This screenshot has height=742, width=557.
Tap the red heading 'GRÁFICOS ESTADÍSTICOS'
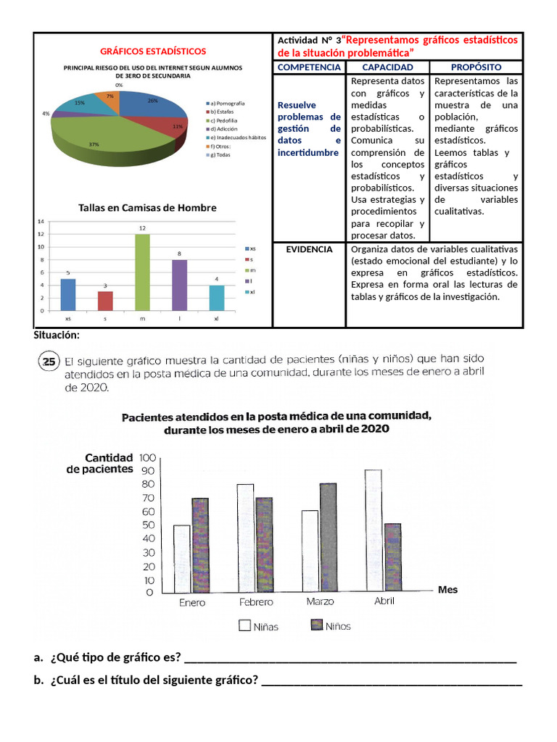tap(152, 51)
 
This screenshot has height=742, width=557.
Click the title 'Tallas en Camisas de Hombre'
tap(147, 208)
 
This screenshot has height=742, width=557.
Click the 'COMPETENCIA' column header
tap(309, 67)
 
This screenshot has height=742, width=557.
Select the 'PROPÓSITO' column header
tap(476, 67)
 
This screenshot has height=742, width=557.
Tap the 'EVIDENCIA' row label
tap(309, 249)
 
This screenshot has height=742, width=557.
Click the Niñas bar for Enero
tap(181, 559)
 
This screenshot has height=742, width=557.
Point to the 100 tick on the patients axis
tap(148, 457)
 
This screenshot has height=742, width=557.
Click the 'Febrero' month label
tap(256, 602)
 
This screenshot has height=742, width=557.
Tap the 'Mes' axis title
tap(447, 590)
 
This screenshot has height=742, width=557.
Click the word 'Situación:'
tap(57, 335)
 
